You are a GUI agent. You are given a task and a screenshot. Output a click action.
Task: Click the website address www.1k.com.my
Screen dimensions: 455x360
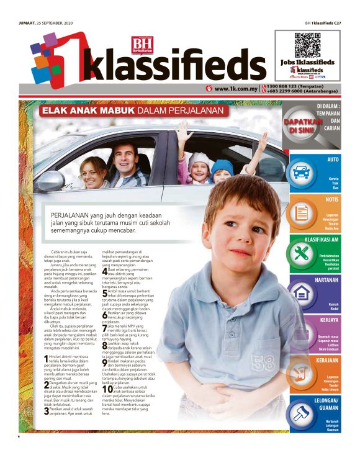coord(235,89)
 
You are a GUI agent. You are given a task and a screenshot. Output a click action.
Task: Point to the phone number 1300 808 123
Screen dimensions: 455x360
coord(288,86)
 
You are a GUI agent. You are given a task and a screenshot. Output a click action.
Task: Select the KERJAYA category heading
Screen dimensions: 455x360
coord(330,320)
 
